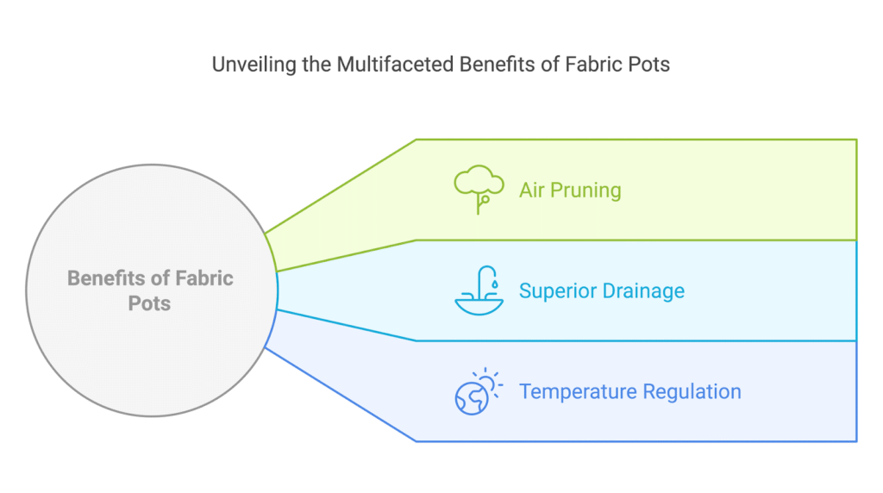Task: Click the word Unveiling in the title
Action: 254,65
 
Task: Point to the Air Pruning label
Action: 570,190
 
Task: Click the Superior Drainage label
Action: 601,290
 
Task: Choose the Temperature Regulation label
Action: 630,391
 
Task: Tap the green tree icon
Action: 479,190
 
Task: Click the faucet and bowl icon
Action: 479,290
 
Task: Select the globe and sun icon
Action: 479,391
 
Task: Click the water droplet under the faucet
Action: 494,284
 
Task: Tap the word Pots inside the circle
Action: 149,303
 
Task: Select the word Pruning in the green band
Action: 586,190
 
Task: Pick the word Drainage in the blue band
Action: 643,290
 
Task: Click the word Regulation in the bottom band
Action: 692,391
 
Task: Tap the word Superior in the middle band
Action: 558,290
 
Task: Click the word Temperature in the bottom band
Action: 579,391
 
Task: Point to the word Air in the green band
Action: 531,190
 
